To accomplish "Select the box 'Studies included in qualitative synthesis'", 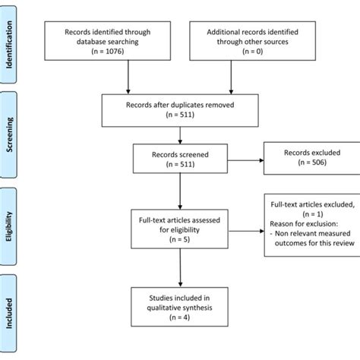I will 179,314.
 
